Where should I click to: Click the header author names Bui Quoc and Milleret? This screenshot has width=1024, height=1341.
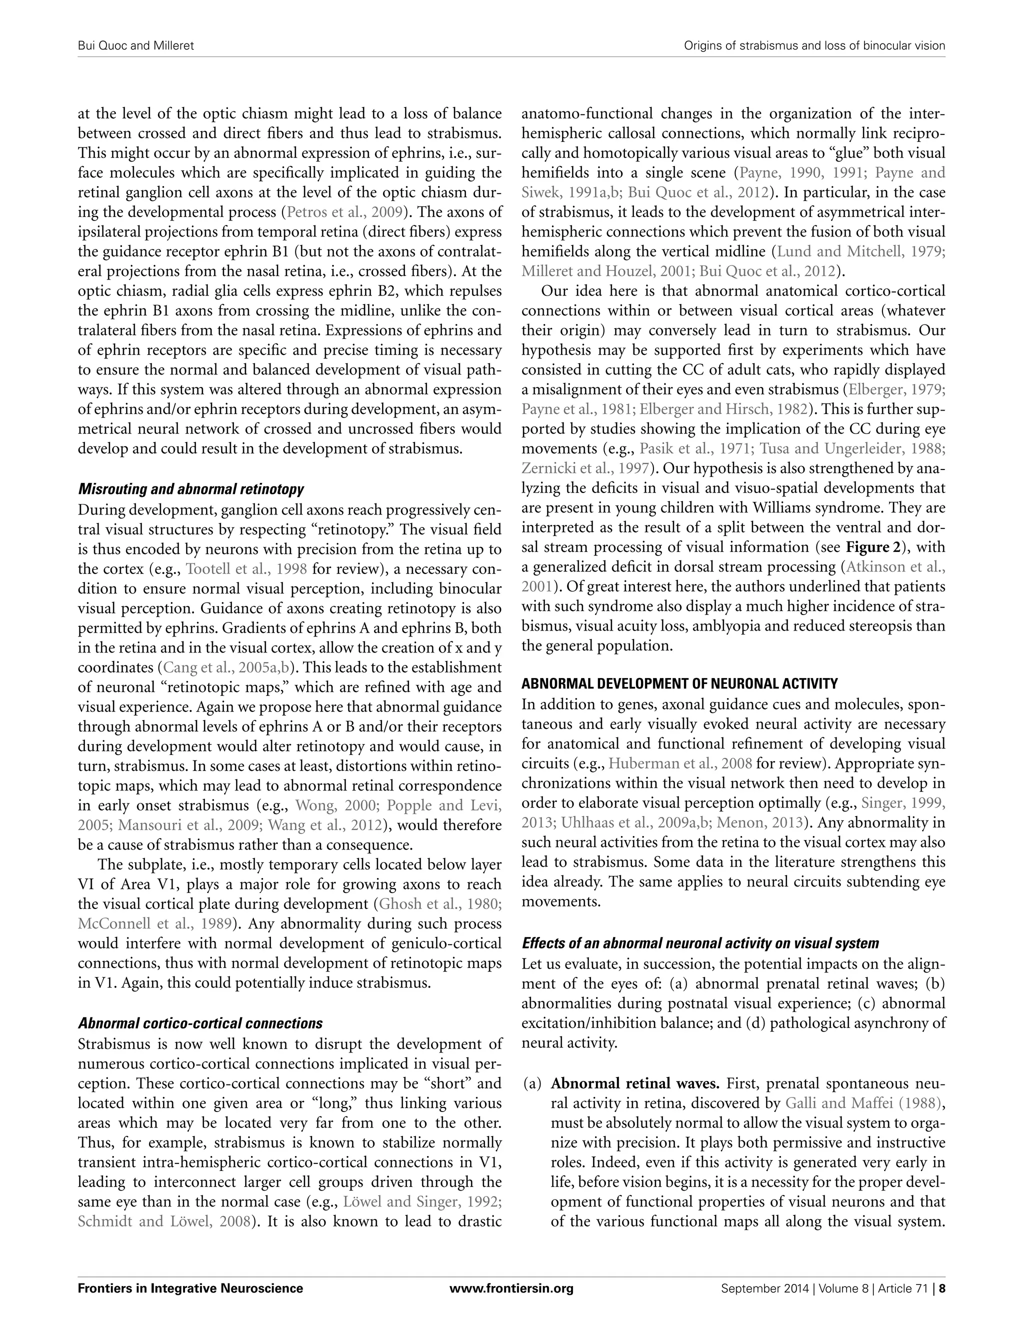point(135,45)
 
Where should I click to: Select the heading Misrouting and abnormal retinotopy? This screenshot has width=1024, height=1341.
point(191,489)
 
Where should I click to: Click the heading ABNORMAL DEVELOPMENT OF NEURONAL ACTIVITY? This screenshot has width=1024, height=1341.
point(679,683)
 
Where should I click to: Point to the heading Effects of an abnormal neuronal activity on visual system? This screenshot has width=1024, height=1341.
point(700,943)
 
